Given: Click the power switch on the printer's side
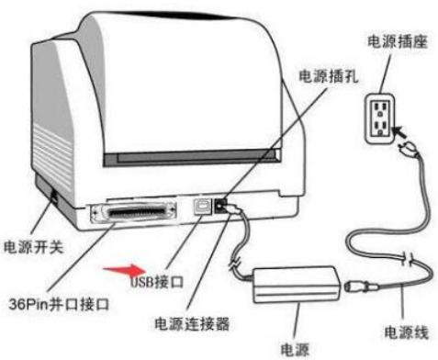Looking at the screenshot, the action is pos(51,197).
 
